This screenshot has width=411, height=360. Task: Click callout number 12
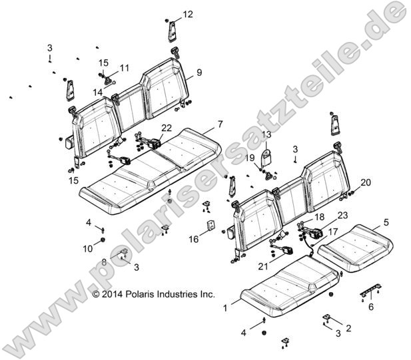(x=188, y=14)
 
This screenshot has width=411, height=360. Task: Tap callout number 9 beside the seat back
(x=199, y=73)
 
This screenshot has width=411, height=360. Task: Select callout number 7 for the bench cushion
(x=220, y=124)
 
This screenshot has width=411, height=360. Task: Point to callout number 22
(x=167, y=128)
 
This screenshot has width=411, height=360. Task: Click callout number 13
(x=266, y=134)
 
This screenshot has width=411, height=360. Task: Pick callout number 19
(x=250, y=158)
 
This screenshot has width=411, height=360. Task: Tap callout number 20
(x=366, y=182)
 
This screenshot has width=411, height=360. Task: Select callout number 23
(x=342, y=215)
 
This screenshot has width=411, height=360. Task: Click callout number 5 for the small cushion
(x=386, y=222)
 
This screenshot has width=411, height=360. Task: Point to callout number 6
(x=371, y=307)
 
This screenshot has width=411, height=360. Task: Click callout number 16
(x=194, y=240)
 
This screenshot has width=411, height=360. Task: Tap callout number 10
(x=88, y=249)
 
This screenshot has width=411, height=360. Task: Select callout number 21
(x=263, y=267)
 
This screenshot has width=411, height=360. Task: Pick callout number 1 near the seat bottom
(x=225, y=308)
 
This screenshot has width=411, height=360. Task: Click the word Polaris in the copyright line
(x=140, y=294)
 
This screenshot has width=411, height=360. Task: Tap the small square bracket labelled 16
(x=210, y=226)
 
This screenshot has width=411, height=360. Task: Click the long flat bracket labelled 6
(x=370, y=289)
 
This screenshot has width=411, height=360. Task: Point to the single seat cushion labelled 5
(x=355, y=248)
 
